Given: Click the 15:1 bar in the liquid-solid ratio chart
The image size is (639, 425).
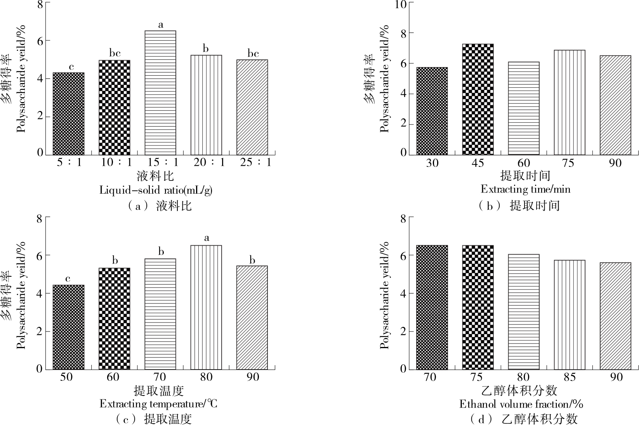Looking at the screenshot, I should tap(160, 93).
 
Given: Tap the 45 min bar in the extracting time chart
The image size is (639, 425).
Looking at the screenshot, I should tap(478, 99).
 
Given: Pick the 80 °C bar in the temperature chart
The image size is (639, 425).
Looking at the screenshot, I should tap(206, 307).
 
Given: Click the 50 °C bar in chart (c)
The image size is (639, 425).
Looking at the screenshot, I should tap(68, 327).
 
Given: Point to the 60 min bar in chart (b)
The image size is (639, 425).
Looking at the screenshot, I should tap(524, 108).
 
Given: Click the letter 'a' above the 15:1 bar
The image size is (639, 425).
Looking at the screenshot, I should tap(160, 25).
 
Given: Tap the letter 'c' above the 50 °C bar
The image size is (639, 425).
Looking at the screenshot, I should tap(68, 279).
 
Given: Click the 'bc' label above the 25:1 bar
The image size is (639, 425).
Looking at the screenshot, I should tap(253, 53).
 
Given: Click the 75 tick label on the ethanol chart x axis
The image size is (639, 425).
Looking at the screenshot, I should tap(477, 376).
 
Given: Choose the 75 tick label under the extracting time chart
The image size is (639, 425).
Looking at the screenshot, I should tap(568, 162).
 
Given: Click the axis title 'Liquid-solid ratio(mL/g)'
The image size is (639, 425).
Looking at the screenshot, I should tap(156, 190).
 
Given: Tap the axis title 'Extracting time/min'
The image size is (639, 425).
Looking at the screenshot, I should tap(525, 189).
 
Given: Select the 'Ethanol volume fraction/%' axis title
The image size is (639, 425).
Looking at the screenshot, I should tap(521, 404).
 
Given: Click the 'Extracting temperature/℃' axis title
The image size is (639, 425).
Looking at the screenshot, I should tap(158, 404).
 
